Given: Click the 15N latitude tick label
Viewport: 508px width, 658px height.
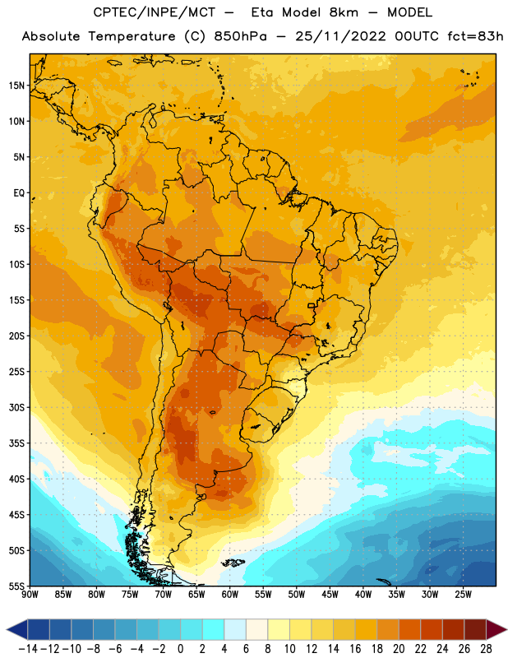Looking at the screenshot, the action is (16, 86).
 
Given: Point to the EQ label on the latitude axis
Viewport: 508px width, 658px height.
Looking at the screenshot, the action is (19, 193).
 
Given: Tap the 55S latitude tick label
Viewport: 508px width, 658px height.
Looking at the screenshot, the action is (16, 586).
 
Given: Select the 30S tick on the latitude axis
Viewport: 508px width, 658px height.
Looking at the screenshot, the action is (16, 407).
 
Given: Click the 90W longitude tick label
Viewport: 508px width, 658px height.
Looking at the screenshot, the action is (30, 594).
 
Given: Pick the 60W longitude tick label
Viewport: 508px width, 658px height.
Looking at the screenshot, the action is (230, 594).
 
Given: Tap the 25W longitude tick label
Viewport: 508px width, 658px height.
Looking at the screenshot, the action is (463, 594).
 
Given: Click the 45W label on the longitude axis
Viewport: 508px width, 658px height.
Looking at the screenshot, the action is (330, 594).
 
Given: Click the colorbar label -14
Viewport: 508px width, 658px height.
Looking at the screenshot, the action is (28, 649).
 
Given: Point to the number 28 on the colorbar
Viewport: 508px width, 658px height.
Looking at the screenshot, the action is (486, 649).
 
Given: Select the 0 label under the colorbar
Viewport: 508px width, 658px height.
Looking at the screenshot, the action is (180, 649).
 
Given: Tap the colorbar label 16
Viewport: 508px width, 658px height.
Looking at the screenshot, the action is (355, 649).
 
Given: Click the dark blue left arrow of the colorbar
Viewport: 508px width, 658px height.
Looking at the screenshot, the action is (16, 630).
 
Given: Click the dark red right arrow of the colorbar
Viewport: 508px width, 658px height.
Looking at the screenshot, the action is (496, 630).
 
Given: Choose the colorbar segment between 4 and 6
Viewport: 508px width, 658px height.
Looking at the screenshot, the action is (235, 630).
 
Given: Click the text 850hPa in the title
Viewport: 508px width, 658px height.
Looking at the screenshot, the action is (240, 36).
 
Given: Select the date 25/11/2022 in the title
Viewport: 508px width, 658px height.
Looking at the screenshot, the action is (340, 36).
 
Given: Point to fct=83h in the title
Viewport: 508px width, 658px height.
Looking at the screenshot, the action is (475, 36).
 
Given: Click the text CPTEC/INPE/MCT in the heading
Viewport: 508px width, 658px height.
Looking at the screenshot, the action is (155, 12).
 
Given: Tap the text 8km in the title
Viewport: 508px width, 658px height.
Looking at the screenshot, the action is (344, 12).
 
